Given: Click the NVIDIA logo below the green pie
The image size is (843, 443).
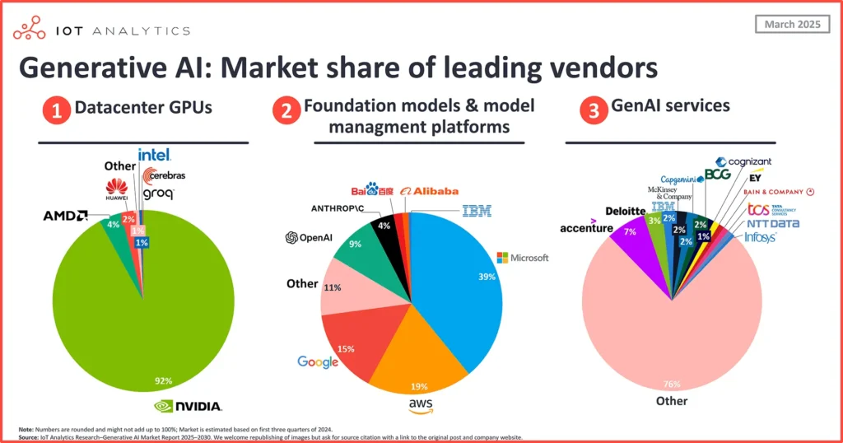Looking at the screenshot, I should click(189, 405).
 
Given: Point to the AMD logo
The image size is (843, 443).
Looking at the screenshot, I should click(67, 216).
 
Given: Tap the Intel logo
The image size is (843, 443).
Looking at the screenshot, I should click(155, 154).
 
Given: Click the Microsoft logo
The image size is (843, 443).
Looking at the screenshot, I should click(522, 258).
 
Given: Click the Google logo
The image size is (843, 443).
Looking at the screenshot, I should click(319, 361).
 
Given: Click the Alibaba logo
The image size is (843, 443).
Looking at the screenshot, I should click(429, 191).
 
